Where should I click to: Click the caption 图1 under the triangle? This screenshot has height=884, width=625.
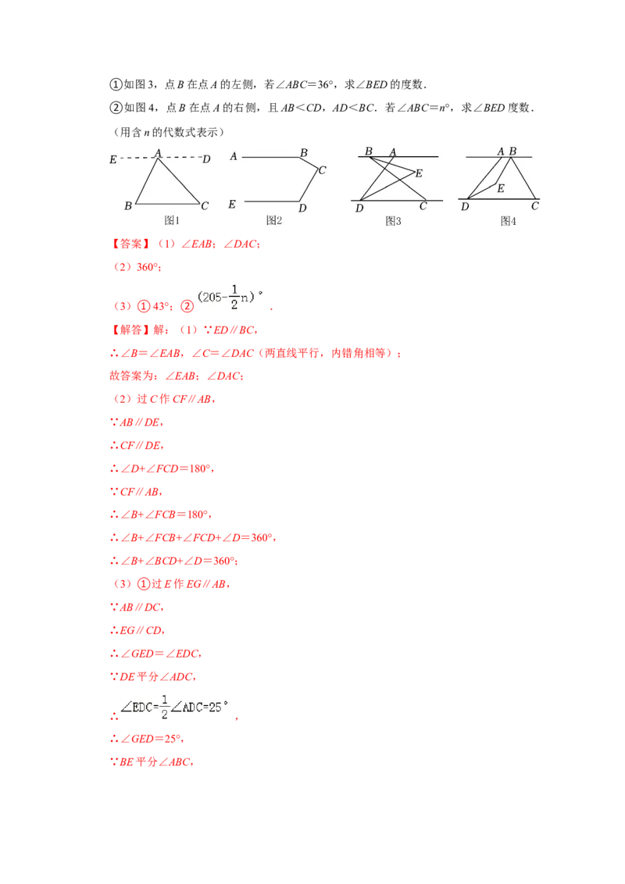[171, 220]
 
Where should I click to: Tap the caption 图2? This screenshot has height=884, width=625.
[274, 220]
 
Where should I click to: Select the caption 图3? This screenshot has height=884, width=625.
[393, 221]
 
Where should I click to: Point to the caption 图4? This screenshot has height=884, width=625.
[509, 221]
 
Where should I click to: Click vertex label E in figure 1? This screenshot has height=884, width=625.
[112, 159]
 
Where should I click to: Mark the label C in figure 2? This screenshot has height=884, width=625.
[322, 169]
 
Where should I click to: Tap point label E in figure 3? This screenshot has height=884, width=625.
[419, 173]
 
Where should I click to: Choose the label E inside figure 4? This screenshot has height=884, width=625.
[500, 188]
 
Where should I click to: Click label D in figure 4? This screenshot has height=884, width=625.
[465, 206]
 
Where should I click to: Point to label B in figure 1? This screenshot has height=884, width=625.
[128, 206]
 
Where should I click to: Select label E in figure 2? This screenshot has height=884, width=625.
[232, 204]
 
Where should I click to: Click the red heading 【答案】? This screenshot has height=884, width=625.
[130, 244]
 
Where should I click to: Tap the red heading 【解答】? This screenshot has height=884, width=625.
[130, 330]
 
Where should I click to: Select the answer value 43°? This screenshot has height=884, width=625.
[160, 306]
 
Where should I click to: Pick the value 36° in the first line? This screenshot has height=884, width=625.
[326, 84]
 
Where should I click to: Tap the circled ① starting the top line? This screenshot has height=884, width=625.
[116, 84]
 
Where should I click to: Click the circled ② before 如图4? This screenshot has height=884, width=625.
[116, 108]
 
